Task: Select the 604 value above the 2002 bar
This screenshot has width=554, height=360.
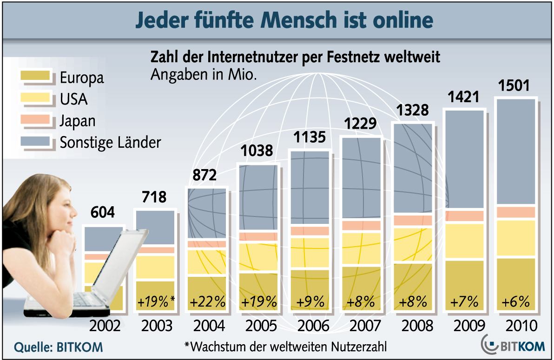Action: point(102,213)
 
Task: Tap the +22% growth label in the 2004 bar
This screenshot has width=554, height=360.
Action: point(207,301)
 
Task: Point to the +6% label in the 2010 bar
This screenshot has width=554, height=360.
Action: point(516,301)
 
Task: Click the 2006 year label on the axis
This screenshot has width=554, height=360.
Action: point(311,325)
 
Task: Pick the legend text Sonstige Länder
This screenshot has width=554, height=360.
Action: point(110,142)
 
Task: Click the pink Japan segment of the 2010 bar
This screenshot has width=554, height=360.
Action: point(516,212)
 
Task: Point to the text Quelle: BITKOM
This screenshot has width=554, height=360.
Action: point(59,347)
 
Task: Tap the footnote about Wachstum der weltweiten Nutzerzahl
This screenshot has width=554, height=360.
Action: point(286,347)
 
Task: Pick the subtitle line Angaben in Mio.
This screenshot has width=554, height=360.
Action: point(204,75)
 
